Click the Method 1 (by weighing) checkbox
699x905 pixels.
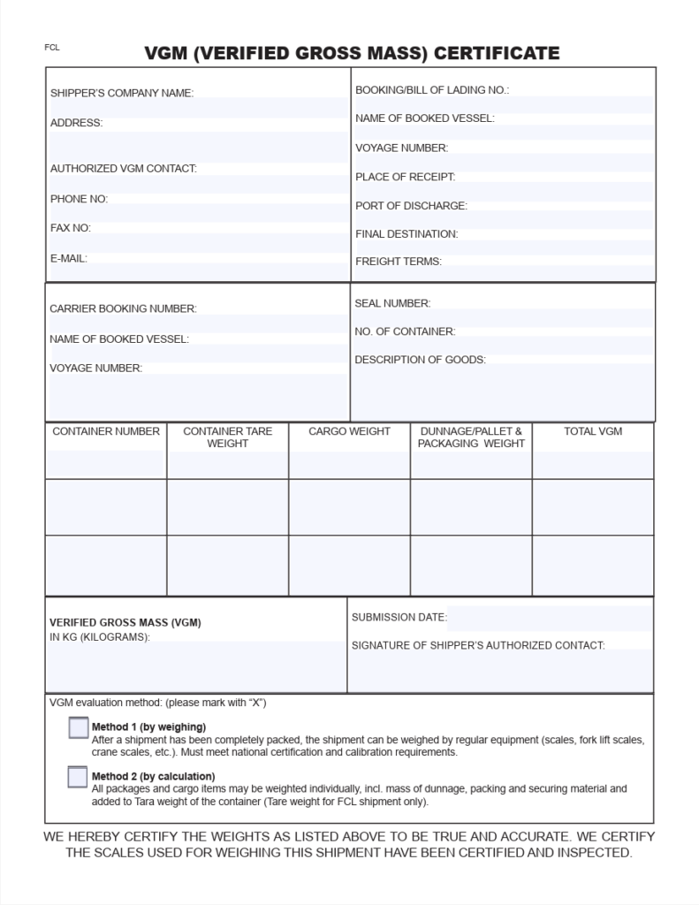[79, 728]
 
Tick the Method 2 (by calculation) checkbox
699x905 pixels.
[79, 777]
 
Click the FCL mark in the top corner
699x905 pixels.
[52, 48]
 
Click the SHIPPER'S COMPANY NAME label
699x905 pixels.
[121, 93]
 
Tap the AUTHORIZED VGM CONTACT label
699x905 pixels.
[123, 168]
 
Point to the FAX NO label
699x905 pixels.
[71, 228]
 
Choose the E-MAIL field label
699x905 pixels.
[69, 258]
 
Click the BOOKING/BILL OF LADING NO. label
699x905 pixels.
[432, 90]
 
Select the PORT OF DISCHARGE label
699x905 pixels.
[411, 206]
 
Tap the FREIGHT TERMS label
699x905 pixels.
[399, 262]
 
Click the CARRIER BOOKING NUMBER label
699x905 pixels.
[123, 309]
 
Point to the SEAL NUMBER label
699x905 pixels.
[392, 303]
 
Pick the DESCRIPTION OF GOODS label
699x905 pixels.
[420, 360]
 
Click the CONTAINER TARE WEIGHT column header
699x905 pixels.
[227, 437]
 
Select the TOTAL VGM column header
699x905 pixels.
[593, 431]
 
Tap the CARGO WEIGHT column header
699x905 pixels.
[349, 431]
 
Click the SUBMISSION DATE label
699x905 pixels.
[399, 617]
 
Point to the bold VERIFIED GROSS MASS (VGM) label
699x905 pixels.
[125, 622]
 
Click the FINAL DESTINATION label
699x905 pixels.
[406, 234]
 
